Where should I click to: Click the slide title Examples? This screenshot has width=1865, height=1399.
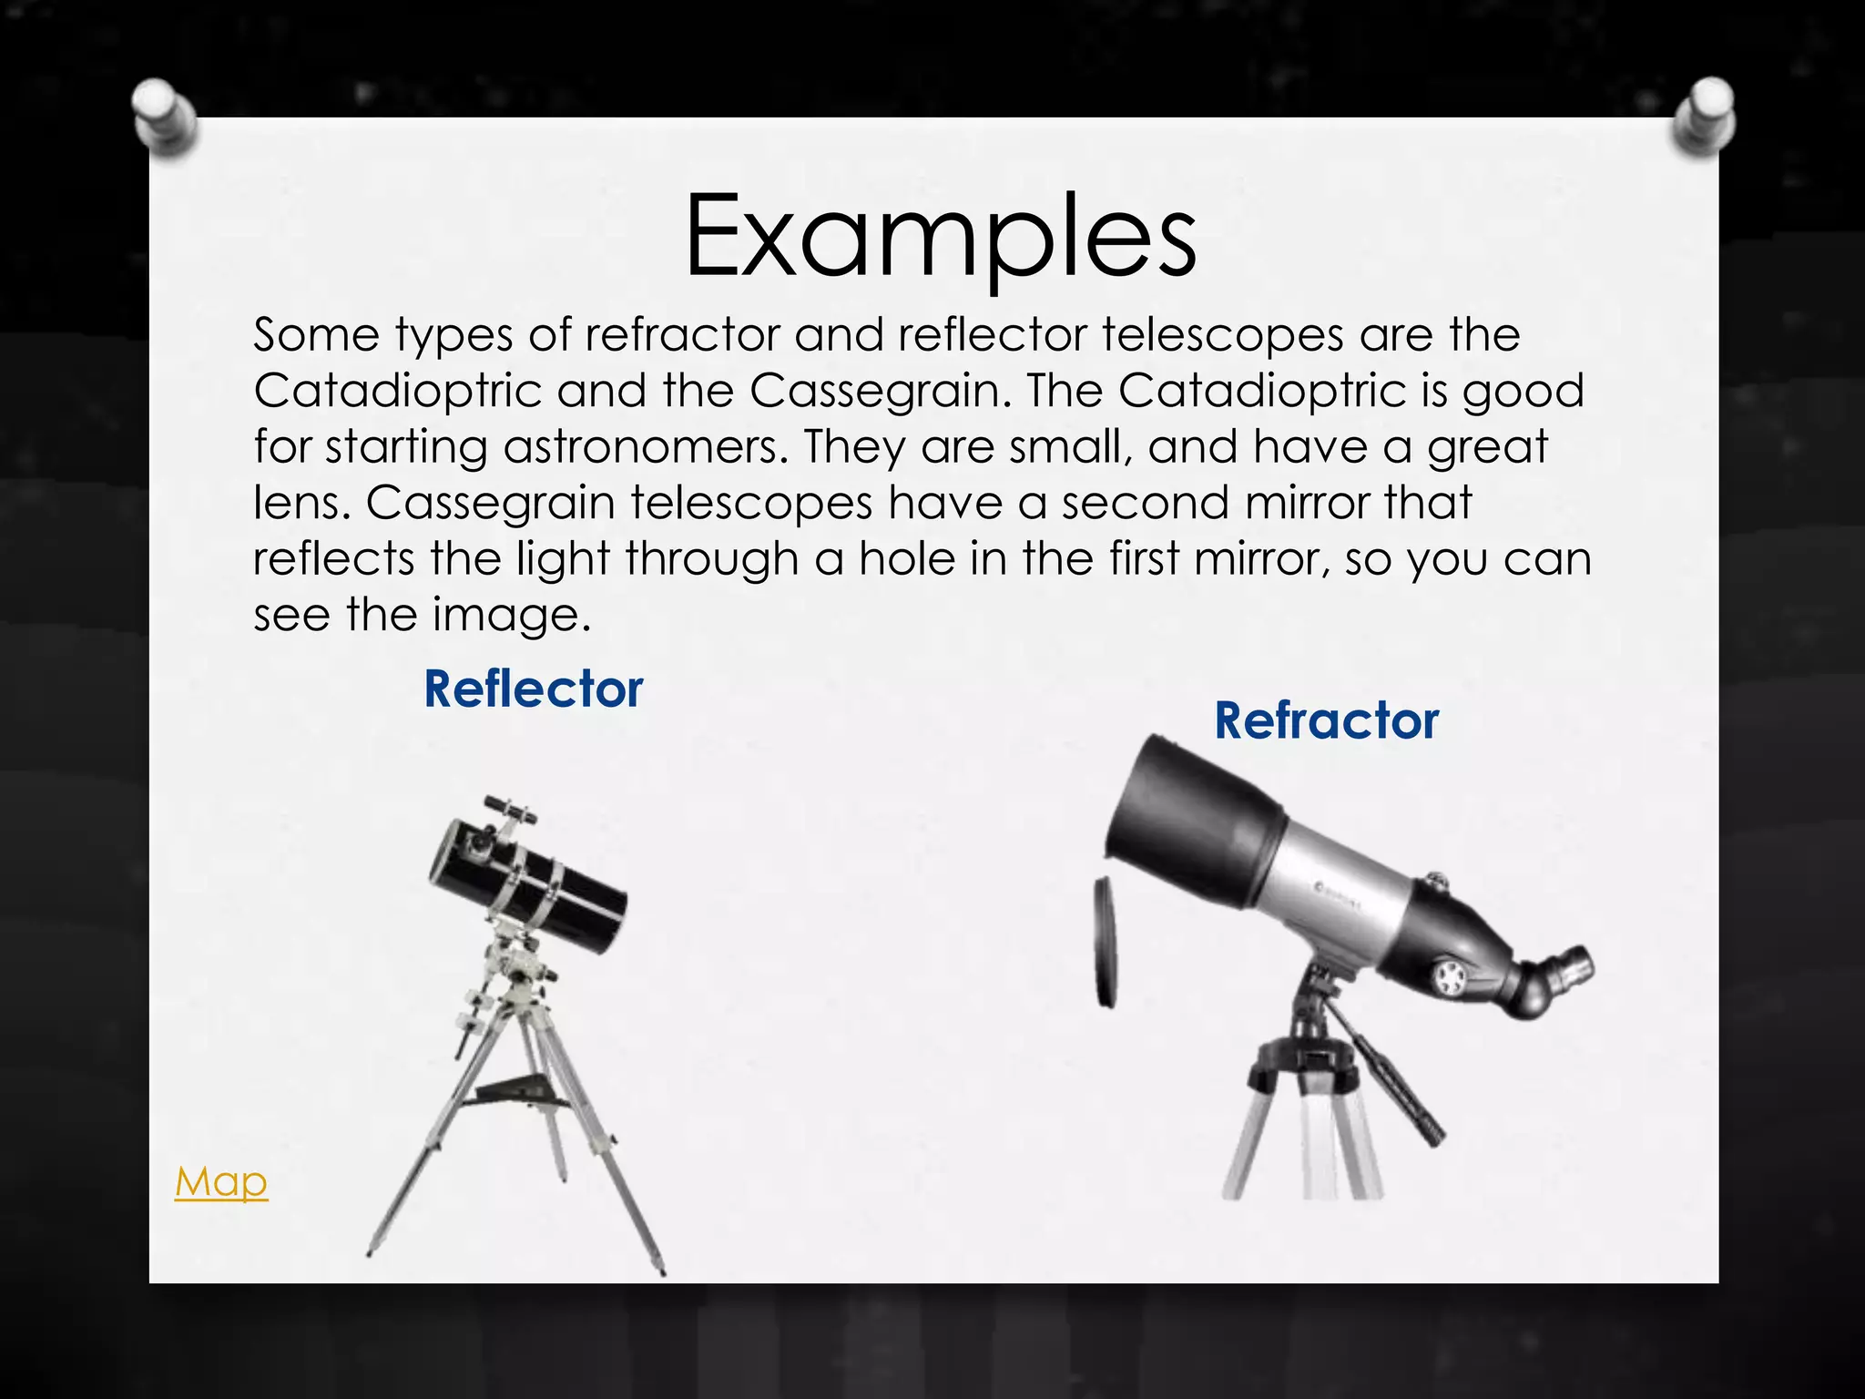(x=940, y=237)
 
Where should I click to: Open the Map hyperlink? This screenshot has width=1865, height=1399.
(x=221, y=1181)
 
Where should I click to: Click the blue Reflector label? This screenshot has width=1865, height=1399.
(x=534, y=689)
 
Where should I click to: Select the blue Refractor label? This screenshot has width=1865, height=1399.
(x=1327, y=720)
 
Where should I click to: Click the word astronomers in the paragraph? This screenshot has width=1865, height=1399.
(x=646, y=447)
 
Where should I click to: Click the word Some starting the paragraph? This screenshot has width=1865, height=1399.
(x=315, y=335)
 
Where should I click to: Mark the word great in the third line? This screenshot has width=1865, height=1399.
(x=1487, y=447)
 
